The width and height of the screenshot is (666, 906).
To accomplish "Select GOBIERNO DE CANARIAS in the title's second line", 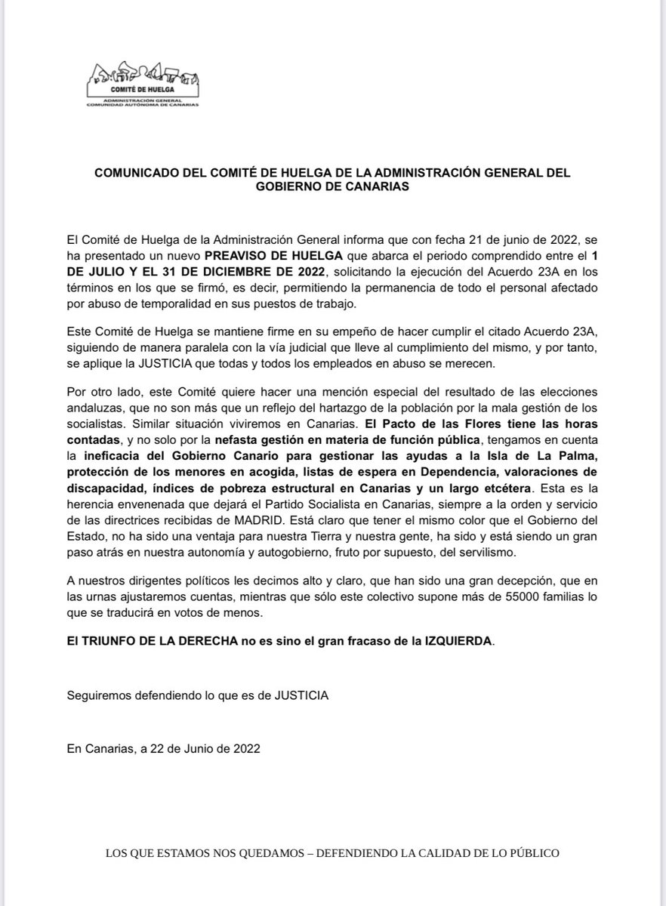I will tap(332, 187).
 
